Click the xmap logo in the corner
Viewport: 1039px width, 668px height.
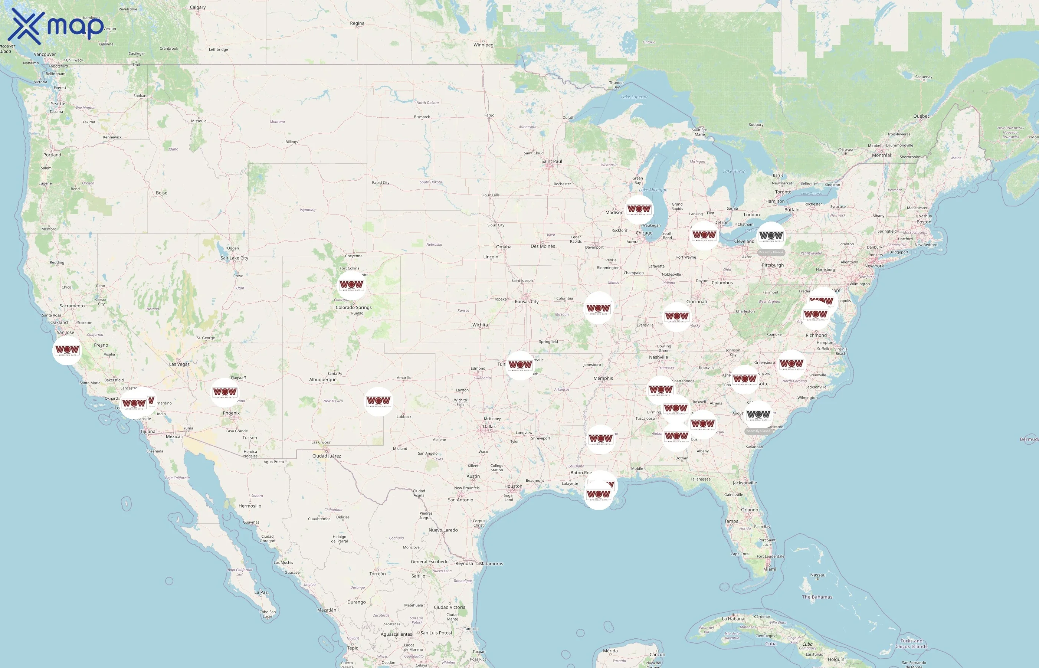point(56,26)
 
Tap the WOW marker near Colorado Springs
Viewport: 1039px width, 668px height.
point(351,285)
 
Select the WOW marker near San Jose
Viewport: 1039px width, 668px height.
point(67,350)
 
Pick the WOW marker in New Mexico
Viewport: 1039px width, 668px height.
point(378,401)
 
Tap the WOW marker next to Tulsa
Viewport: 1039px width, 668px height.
point(520,365)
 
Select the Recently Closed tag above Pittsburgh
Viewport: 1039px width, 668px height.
point(771,252)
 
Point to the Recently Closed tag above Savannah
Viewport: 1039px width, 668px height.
point(758,431)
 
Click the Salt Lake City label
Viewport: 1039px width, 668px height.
point(234,258)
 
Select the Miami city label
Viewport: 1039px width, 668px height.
point(769,569)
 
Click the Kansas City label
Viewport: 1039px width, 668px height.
point(527,301)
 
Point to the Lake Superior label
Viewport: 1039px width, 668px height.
point(634,97)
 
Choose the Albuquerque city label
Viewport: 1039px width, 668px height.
point(322,380)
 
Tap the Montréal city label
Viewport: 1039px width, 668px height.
point(881,155)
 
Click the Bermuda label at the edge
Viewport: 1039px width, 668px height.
point(1029,439)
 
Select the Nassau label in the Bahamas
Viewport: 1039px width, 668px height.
point(817,575)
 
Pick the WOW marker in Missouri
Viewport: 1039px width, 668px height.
point(599,308)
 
